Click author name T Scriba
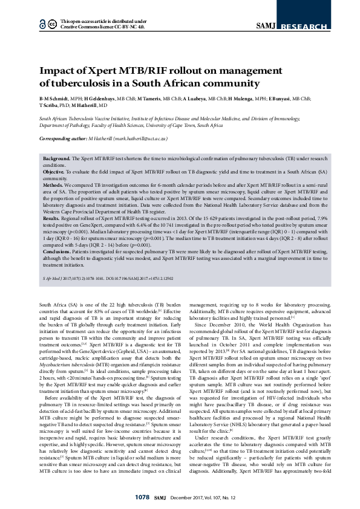(51, 105)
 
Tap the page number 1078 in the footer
(142, 496)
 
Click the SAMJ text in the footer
(160, 496)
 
